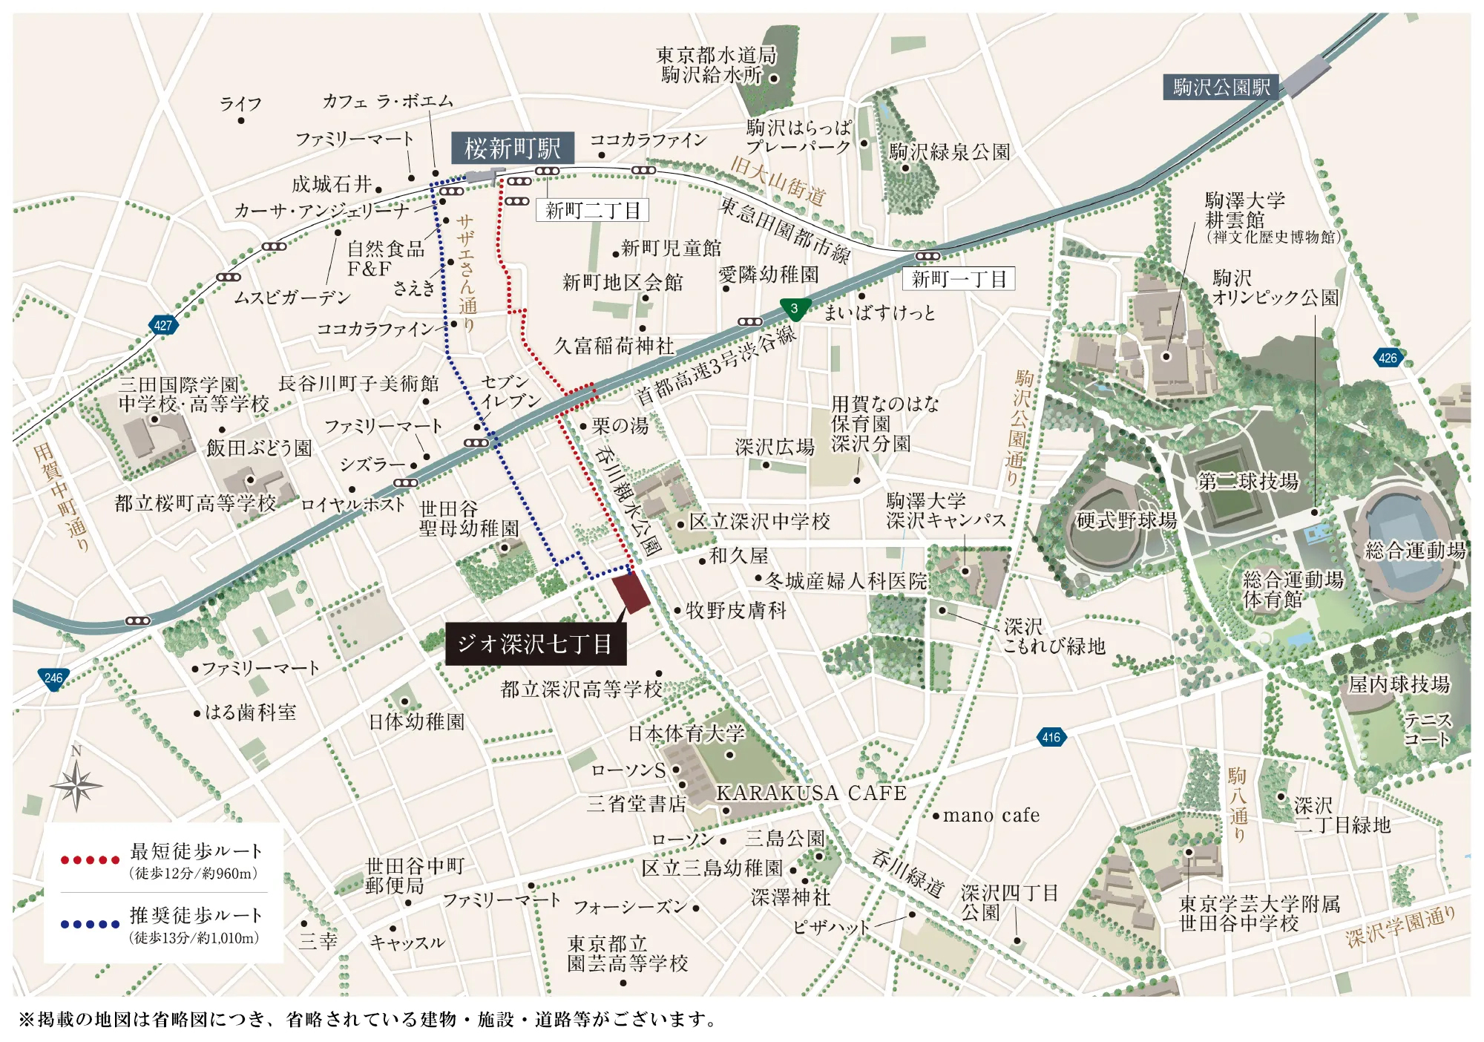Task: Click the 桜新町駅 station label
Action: click(x=512, y=148)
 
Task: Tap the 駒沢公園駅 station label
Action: click(x=1221, y=88)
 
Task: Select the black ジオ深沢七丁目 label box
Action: click(x=535, y=643)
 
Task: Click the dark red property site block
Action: click(x=631, y=592)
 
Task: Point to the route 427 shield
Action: click(x=162, y=325)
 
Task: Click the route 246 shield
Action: click(x=53, y=678)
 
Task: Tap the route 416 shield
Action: click(x=1051, y=737)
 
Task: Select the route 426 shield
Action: click(x=1387, y=358)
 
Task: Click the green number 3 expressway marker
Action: click(x=794, y=309)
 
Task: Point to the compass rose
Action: click(x=76, y=784)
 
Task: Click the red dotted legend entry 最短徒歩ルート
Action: click(x=162, y=859)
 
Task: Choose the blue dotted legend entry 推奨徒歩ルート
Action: click(x=162, y=924)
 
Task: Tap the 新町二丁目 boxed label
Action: click(x=592, y=211)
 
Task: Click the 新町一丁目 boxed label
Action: click(x=958, y=279)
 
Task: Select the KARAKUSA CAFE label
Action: click(x=810, y=793)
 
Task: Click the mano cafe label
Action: click(x=991, y=816)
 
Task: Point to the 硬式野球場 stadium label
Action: click(x=1126, y=520)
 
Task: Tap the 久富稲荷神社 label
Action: click(x=614, y=346)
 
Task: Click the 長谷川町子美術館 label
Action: click(x=358, y=384)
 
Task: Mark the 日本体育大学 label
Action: click(x=686, y=734)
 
